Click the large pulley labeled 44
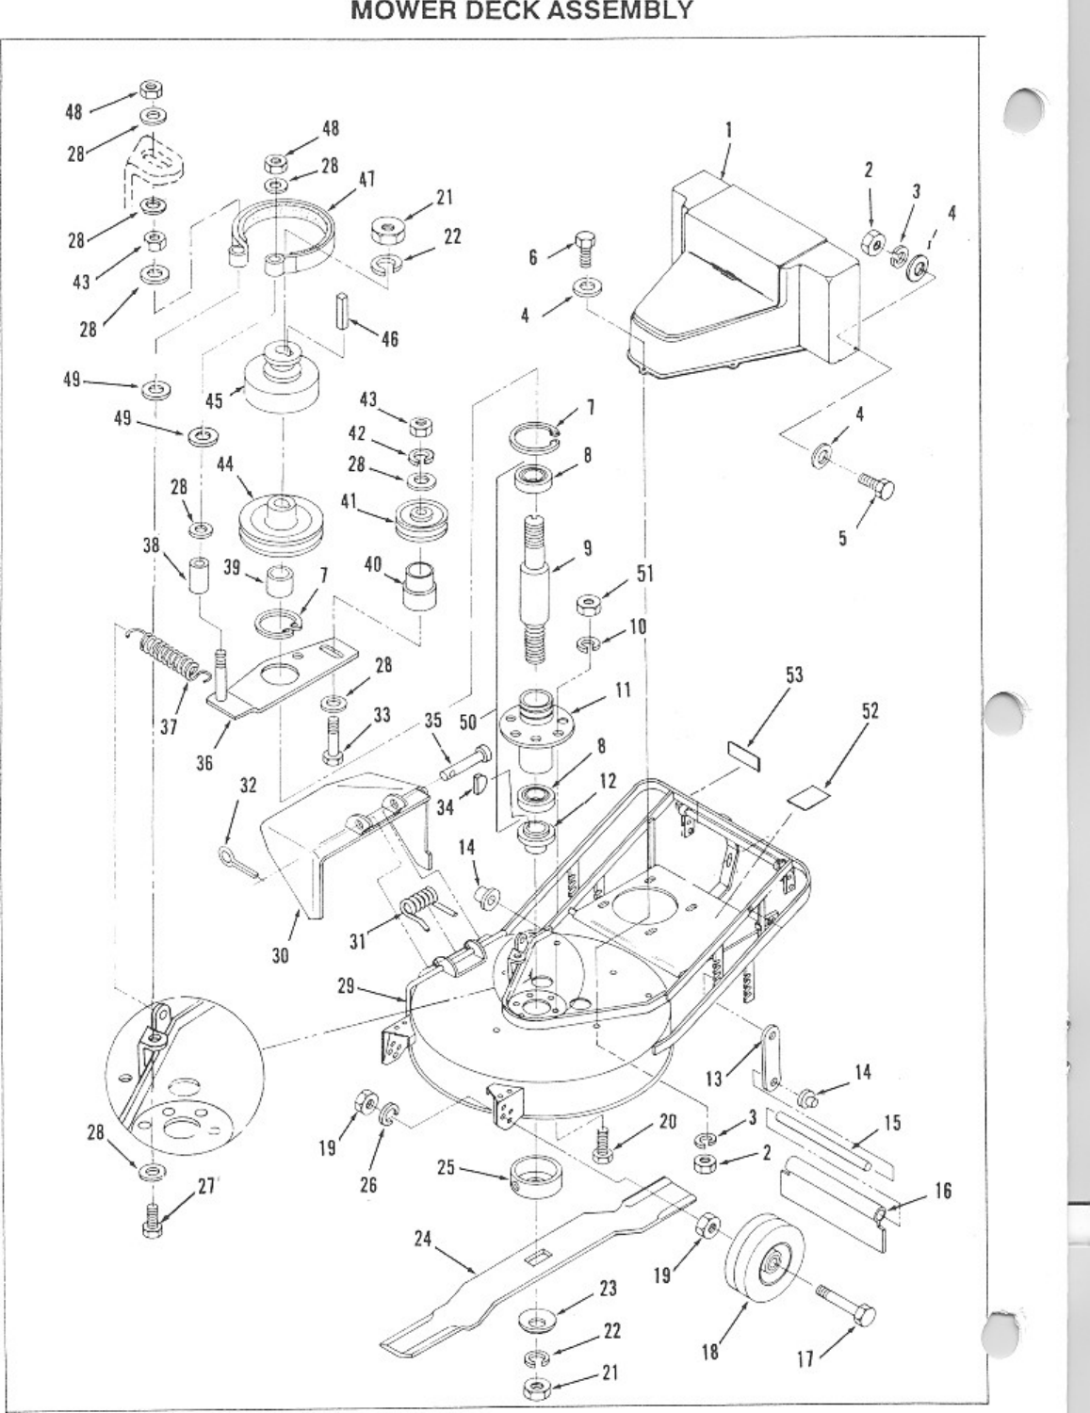pyautogui.click(x=279, y=523)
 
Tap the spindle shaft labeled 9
pyautogui.click(x=539, y=575)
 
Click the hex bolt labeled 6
pyautogui.click(x=583, y=247)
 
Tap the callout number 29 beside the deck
pyautogui.click(x=348, y=985)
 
